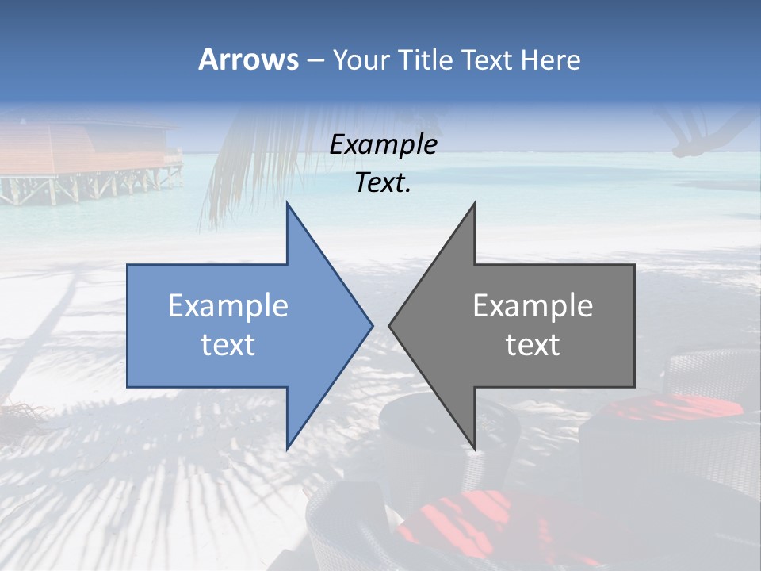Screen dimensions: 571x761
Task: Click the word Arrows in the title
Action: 248,59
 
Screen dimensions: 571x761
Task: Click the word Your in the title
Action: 361,59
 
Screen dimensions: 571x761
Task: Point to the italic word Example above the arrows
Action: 383,144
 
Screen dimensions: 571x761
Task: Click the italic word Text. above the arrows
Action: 383,183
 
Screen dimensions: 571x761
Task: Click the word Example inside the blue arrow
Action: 228,305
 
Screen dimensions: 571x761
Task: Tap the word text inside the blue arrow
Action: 228,344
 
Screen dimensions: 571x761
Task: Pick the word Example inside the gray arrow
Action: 533,305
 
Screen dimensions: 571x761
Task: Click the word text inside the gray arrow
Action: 533,344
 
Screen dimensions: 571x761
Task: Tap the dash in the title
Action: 315,60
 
